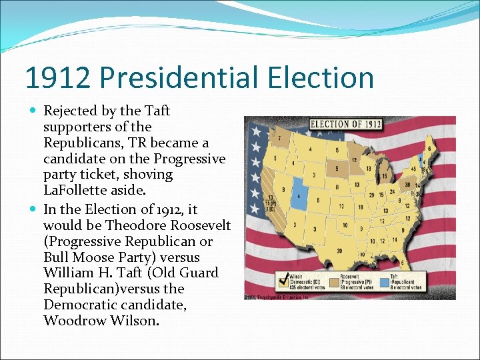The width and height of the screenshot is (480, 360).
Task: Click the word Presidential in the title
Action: pyautogui.click(x=178, y=78)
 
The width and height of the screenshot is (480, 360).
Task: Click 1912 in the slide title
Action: pyautogui.click(x=57, y=78)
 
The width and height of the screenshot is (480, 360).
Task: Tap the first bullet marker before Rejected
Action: pyautogui.click(x=35, y=111)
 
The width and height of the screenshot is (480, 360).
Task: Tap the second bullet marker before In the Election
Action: pyautogui.click(x=35, y=209)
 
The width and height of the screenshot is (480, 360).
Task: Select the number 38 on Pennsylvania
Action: pyautogui.click(x=407, y=183)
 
